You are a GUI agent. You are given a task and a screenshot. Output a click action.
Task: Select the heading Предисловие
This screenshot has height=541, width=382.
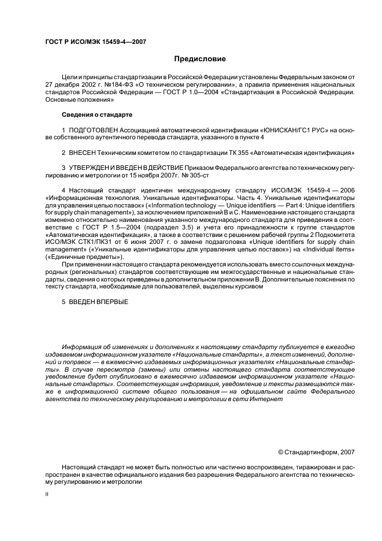(x=200, y=59)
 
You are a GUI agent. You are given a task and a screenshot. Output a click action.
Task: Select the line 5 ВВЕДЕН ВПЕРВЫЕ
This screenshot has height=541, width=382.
(x=95, y=302)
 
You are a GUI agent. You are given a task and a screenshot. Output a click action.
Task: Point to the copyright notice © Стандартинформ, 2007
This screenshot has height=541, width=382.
(x=316, y=453)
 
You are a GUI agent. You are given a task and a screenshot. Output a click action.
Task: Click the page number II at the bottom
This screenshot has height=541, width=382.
(x=47, y=495)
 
